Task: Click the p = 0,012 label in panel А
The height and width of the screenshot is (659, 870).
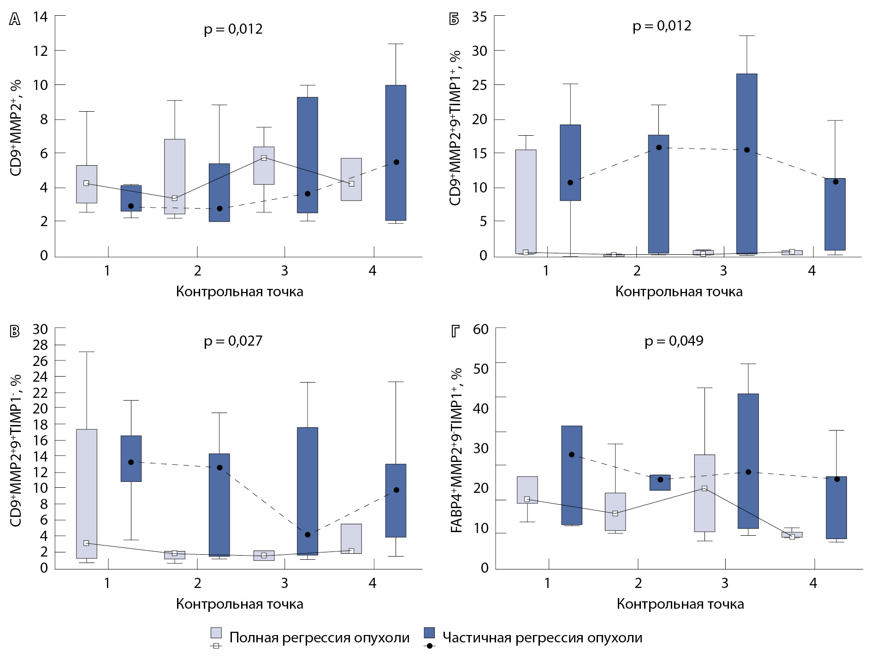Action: click(x=233, y=29)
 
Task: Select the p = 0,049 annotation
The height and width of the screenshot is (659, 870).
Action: click(x=674, y=341)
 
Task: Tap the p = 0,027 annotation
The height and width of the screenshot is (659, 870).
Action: click(x=233, y=341)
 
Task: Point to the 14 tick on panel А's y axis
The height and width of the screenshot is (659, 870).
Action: click(x=41, y=17)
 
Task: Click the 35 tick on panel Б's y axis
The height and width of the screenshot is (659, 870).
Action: click(x=479, y=17)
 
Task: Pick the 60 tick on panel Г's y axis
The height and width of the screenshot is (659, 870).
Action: click(x=480, y=329)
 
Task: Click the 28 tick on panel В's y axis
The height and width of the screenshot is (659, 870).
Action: click(x=41, y=345)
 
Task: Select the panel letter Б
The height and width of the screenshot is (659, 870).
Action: click(x=454, y=19)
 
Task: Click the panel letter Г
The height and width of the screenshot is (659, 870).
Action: click(x=456, y=331)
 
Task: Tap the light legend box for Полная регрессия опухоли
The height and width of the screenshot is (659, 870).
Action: click(x=216, y=633)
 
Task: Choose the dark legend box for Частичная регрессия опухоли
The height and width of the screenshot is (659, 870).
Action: click(x=429, y=633)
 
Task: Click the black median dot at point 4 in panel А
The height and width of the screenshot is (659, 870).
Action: click(x=396, y=162)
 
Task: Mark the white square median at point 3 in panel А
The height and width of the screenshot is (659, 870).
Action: click(x=264, y=158)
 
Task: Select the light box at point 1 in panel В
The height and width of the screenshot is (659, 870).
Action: click(x=87, y=493)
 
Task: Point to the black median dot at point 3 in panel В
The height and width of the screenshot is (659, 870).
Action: click(x=308, y=534)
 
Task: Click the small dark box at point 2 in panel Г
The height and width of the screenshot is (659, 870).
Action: click(x=660, y=482)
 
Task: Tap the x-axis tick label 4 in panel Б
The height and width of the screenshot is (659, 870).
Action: click(x=811, y=271)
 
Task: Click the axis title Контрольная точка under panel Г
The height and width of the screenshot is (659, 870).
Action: click(x=680, y=604)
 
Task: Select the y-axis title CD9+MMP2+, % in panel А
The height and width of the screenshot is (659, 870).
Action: click(x=16, y=128)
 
